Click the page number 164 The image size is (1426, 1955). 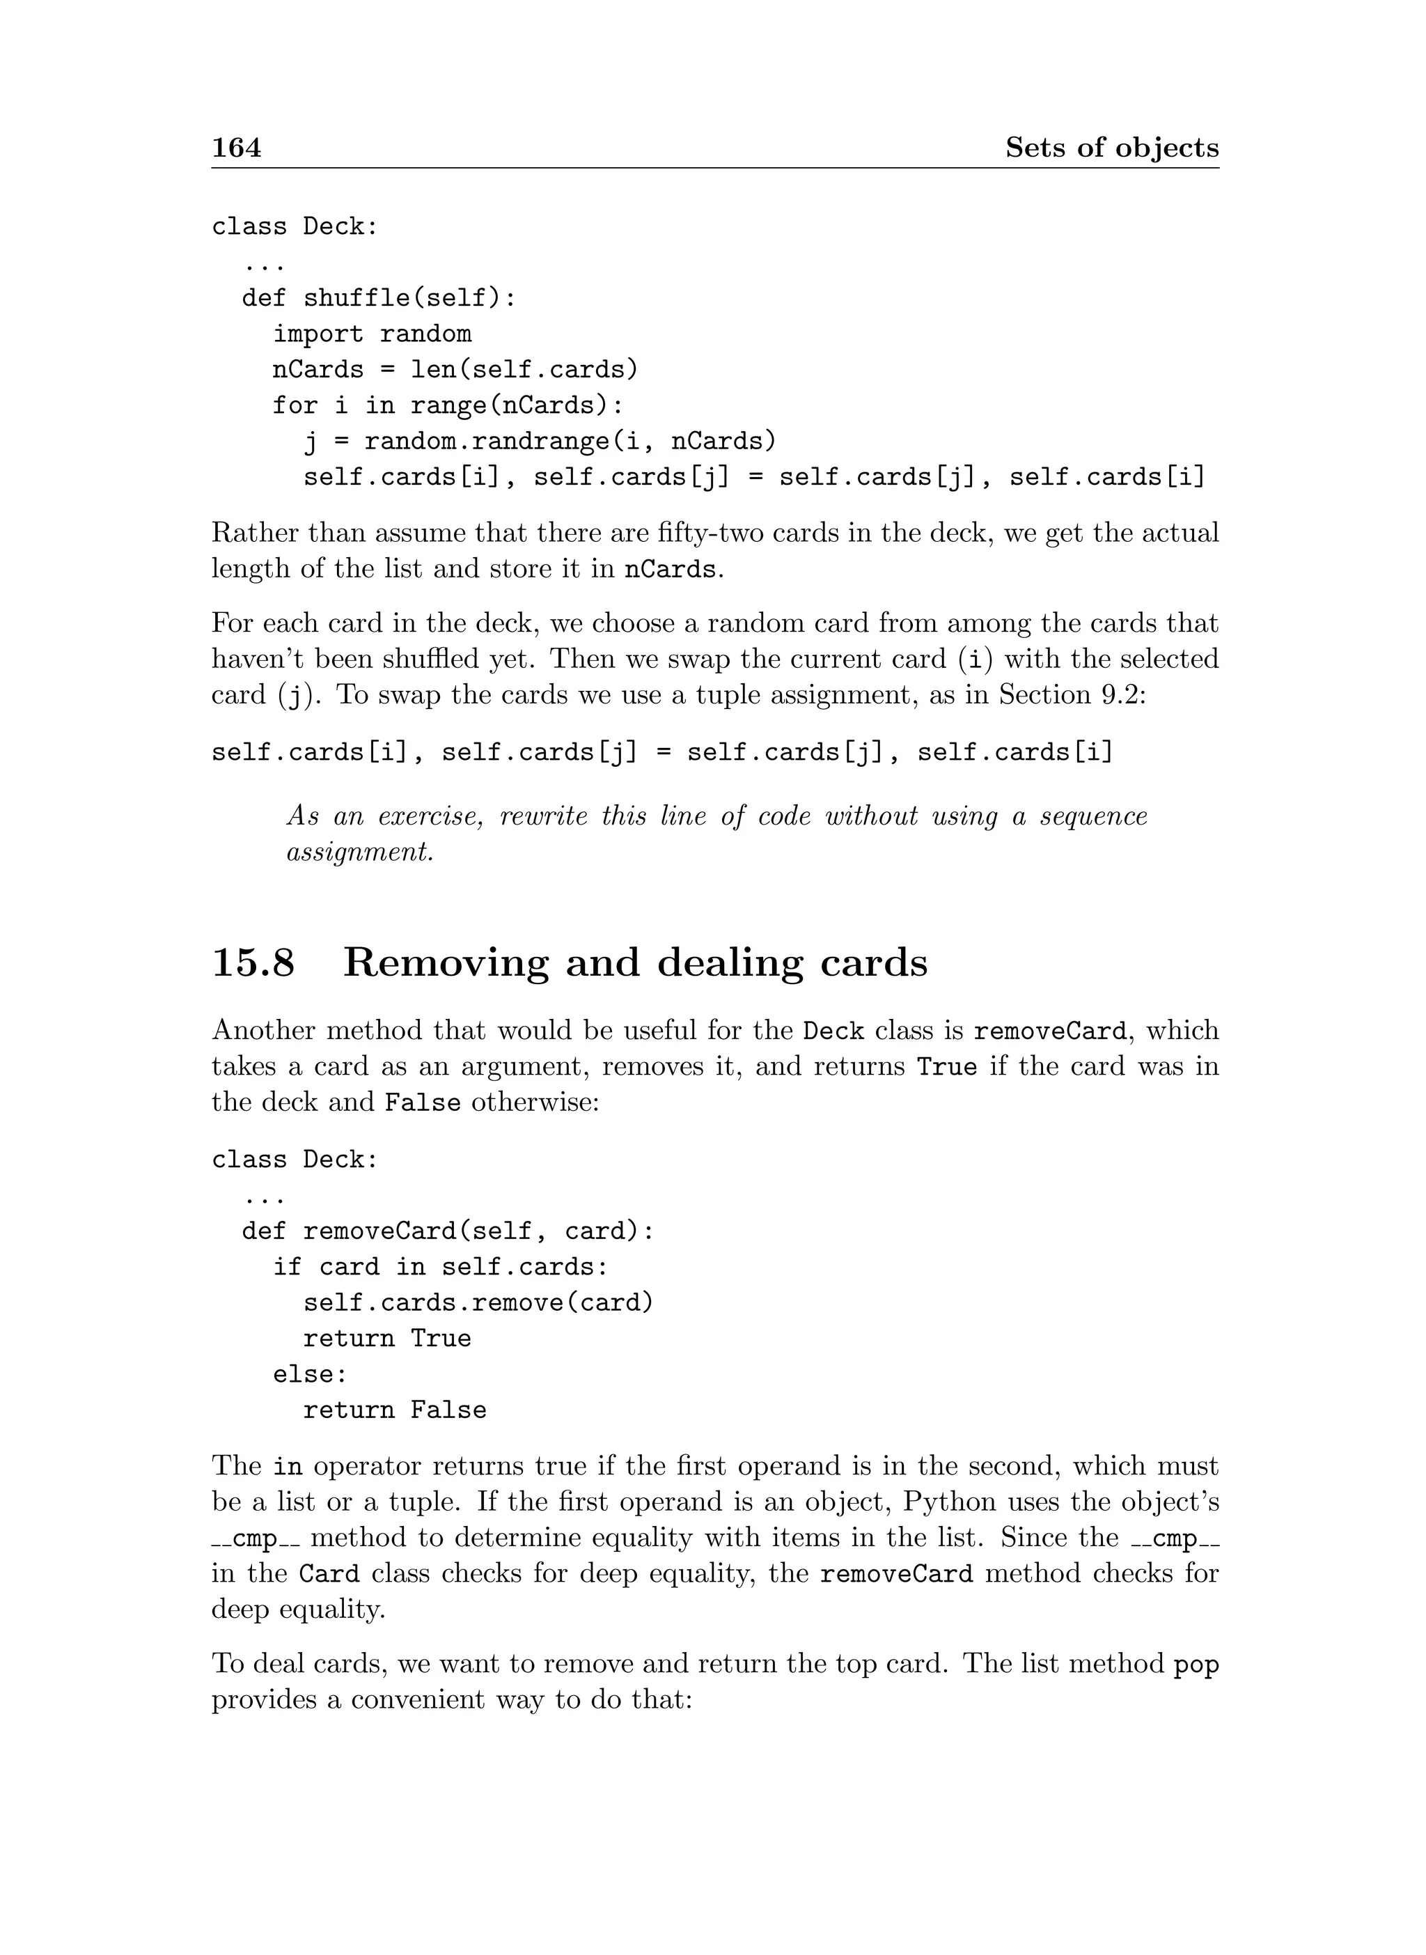pos(237,148)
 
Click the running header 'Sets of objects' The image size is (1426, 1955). pos(1112,148)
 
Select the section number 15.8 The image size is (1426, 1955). pos(253,963)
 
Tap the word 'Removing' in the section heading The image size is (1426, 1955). pos(446,963)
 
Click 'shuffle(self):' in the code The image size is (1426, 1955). pos(409,298)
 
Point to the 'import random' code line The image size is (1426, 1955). pos(372,334)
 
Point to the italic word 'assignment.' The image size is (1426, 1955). pos(360,852)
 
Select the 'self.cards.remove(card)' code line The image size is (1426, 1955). pos(478,1302)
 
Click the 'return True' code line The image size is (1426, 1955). pos(386,1339)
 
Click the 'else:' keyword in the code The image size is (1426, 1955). pos(310,1374)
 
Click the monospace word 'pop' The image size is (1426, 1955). pos(1196,1664)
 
